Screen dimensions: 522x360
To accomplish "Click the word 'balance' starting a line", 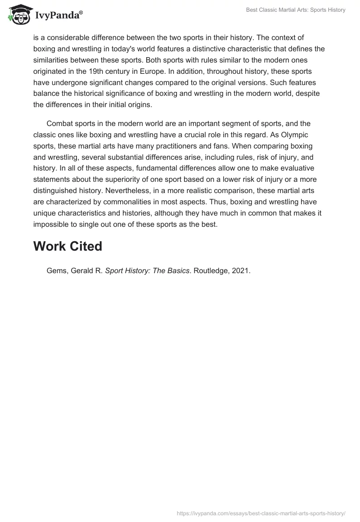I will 46,94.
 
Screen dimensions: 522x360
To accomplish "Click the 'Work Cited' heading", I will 67,246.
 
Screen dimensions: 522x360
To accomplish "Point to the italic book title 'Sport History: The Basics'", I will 147,271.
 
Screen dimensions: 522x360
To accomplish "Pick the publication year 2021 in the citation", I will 240,271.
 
